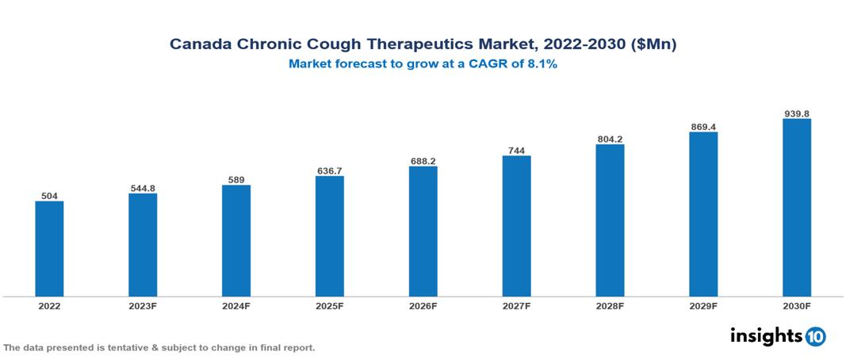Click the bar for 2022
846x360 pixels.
(x=49, y=248)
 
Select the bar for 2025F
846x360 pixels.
(x=330, y=236)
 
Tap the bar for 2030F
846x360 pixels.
(x=797, y=207)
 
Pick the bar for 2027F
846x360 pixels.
(x=516, y=225)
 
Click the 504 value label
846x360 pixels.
(x=49, y=195)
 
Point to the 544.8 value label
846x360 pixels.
(x=143, y=188)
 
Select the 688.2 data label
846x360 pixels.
(x=423, y=161)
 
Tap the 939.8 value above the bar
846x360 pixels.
(x=797, y=113)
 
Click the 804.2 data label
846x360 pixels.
(x=610, y=139)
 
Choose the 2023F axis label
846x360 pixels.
(x=143, y=305)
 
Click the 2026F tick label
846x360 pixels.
(x=423, y=305)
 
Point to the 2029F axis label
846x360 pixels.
(x=703, y=305)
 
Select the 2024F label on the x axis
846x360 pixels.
(x=236, y=305)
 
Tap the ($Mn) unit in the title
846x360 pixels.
(x=653, y=45)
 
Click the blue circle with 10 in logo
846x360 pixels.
(x=815, y=336)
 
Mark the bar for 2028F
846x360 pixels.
(x=610, y=220)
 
